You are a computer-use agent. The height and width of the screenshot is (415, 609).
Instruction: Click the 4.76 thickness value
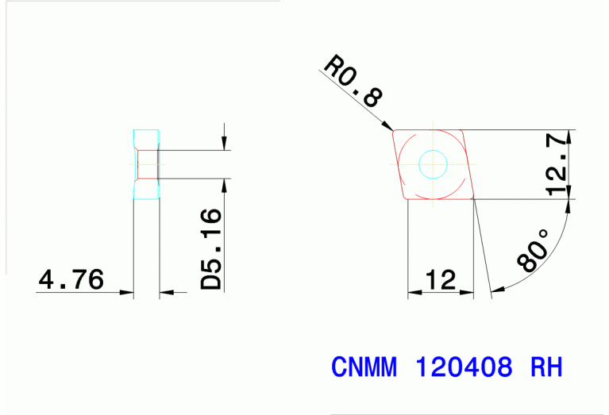pyautogui.click(x=71, y=279)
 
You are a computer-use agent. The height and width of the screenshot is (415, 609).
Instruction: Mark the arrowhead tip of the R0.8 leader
pyautogui.click(x=392, y=128)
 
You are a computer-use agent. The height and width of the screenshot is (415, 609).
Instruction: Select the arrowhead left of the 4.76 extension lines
pyautogui.click(x=126, y=293)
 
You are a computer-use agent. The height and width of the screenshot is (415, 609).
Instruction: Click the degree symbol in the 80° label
pyautogui.click(x=544, y=235)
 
